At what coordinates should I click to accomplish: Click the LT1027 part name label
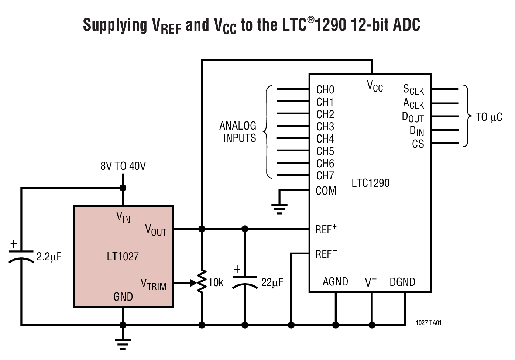pos(123,256)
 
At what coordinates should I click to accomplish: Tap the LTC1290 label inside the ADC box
pos(370,183)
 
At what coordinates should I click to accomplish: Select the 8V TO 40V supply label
pos(123,166)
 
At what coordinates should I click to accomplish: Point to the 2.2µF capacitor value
pos(49,257)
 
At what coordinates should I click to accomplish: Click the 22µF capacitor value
pos(272,282)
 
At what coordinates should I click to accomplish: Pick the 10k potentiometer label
pos(216,282)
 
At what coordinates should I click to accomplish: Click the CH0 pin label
pos(325,90)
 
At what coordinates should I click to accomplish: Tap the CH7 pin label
pos(325,175)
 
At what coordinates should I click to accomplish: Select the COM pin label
pos(326,191)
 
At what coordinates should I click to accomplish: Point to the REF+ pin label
pos(326,229)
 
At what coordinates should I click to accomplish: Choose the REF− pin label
pos(326,254)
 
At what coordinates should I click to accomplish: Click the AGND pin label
pos(335,282)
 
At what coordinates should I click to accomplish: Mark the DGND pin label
pos(402,282)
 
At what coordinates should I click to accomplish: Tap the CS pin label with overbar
pos(418,144)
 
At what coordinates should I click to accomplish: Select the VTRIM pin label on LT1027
pos(154,284)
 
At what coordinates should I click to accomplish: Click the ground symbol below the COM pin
pos(279,209)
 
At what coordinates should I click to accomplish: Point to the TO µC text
pos(489,117)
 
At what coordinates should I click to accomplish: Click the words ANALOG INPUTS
pos(238,132)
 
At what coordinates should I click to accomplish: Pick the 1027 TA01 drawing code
pos(428,323)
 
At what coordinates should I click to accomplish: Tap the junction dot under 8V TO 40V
pos(123,188)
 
